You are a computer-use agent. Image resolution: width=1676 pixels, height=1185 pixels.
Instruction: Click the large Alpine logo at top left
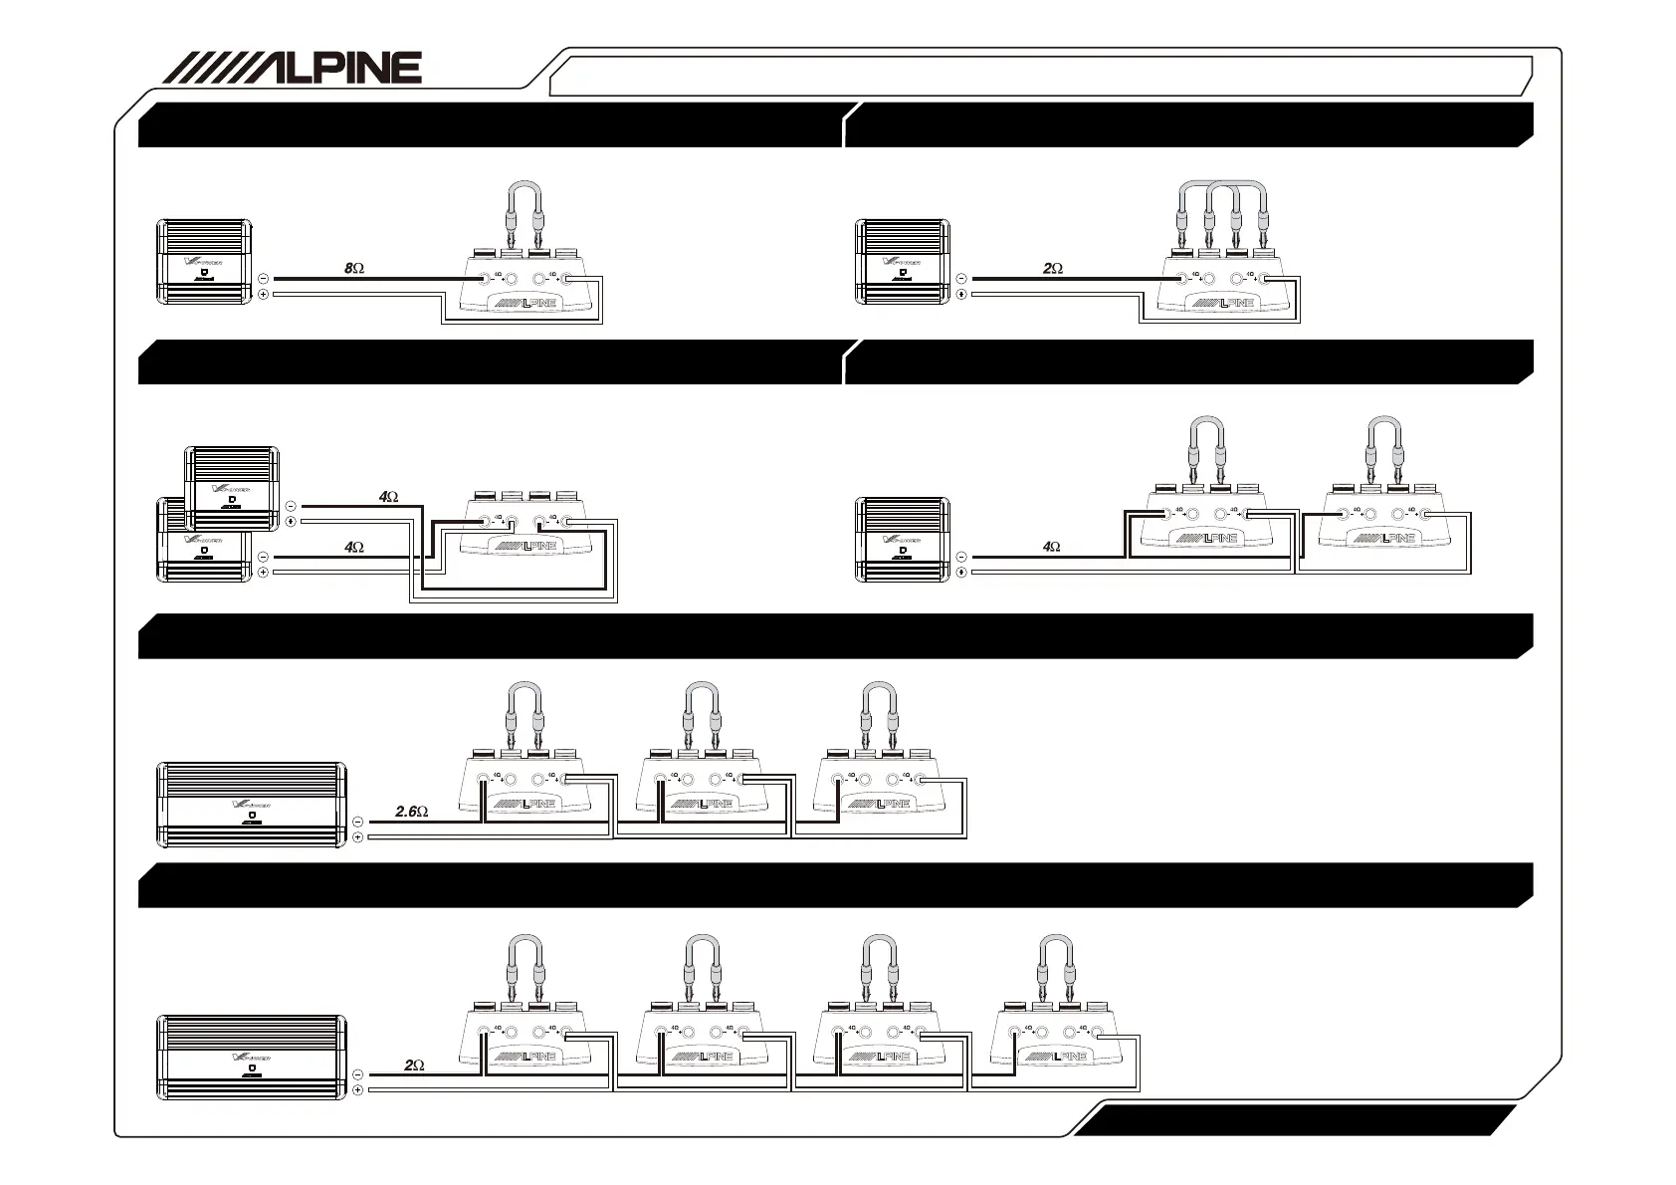click(x=292, y=68)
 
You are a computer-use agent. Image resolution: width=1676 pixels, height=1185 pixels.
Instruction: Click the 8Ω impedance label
click(x=354, y=268)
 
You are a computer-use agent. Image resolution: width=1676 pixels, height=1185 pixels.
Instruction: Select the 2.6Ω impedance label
click(x=411, y=812)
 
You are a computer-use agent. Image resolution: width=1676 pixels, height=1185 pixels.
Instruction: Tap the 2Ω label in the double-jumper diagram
click(x=1053, y=268)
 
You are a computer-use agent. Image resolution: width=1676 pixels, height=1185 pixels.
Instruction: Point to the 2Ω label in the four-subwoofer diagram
click(x=415, y=1066)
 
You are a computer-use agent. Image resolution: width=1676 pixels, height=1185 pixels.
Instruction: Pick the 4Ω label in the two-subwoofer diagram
click(x=1051, y=547)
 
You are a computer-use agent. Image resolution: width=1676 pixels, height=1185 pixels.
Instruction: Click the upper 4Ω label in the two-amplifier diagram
click(x=388, y=496)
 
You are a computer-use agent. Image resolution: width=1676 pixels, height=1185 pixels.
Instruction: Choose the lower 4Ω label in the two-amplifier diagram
click(x=353, y=547)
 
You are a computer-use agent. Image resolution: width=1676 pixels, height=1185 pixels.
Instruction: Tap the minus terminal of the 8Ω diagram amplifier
click(x=263, y=279)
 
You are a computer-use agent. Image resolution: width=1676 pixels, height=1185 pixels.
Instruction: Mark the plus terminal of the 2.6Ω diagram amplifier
click(x=358, y=837)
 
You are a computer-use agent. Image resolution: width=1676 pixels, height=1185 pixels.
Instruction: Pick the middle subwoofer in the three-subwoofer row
click(x=702, y=787)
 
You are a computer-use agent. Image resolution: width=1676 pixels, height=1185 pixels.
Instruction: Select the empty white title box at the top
click(x=1040, y=76)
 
